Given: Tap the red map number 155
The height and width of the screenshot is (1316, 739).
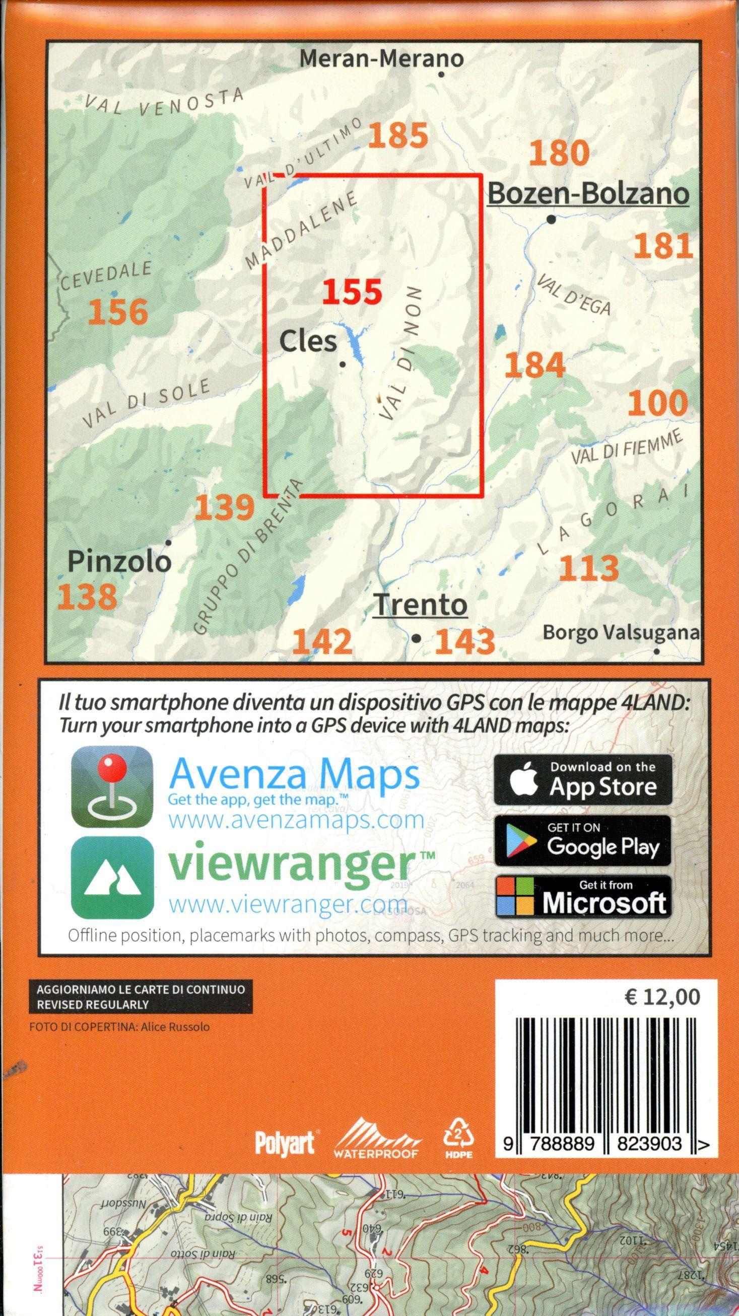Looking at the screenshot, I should (x=352, y=293).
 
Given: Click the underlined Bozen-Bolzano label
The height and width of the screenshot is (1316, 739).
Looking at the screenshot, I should (x=588, y=194).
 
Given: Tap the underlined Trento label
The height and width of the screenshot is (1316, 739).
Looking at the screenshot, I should (x=421, y=605).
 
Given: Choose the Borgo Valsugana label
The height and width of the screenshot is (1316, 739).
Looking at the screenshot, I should (x=621, y=632).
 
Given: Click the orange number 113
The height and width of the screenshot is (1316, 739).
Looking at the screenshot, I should (x=589, y=568).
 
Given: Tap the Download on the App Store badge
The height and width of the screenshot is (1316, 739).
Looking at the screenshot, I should (x=582, y=780).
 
